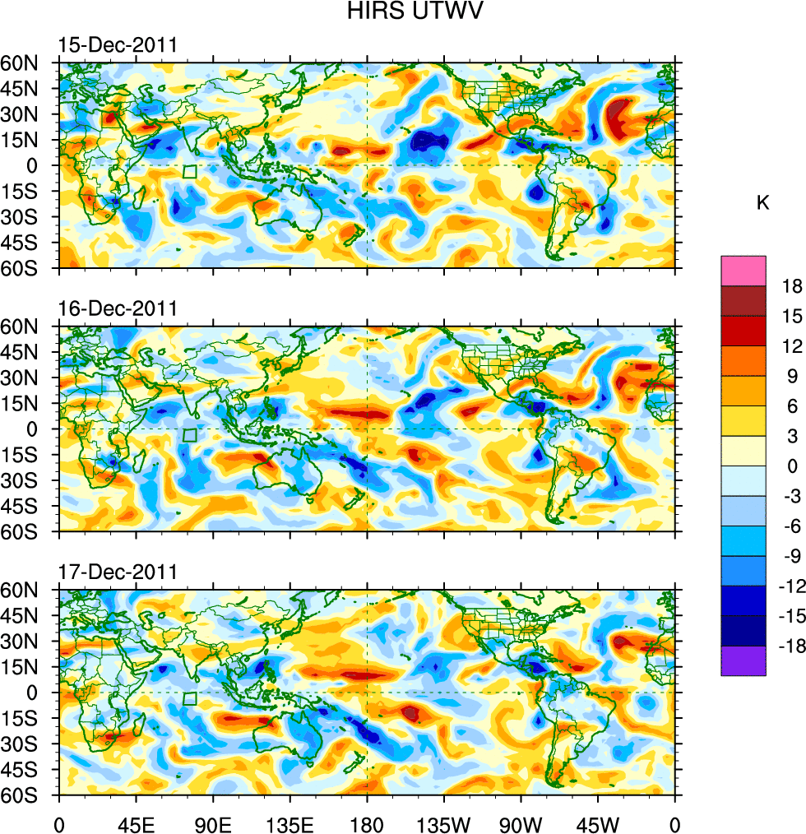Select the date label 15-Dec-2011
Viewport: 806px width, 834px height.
pyautogui.click(x=118, y=45)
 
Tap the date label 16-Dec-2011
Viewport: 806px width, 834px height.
pyautogui.click(x=118, y=309)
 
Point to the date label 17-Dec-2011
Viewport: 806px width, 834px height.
pyautogui.click(x=118, y=572)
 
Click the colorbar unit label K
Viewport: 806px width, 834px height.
pyautogui.click(x=762, y=203)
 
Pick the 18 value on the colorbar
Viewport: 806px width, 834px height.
pyautogui.click(x=792, y=286)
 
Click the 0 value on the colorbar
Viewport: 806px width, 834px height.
pyautogui.click(x=792, y=466)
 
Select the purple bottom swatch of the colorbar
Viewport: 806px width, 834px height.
pyautogui.click(x=743, y=661)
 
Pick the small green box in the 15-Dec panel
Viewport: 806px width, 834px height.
pyautogui.click(x=190, y=172)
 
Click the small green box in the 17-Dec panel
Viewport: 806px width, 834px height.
pyautogui.click(x=190, y=699)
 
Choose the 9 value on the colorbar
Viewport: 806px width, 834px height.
pyautogui.click(x=792, y=377)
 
